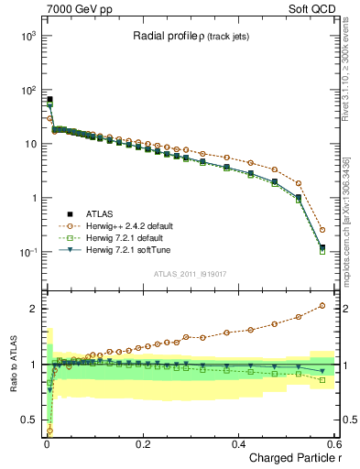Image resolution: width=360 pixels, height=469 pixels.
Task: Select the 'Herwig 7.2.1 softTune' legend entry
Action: pos(130,249)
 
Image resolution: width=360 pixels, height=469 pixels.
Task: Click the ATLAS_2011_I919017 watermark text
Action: pos(190,274)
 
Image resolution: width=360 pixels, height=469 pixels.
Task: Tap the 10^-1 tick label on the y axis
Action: pos(25,252)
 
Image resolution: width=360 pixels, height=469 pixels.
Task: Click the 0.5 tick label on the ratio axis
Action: pos(27,420)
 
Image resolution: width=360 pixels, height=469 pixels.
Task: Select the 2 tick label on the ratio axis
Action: pos(31,309)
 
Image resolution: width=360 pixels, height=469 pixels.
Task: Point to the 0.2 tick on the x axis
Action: pos(142,443)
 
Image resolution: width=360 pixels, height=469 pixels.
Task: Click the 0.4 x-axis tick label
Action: pos(238,443)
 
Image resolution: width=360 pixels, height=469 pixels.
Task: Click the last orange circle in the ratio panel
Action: pos(322,306)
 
